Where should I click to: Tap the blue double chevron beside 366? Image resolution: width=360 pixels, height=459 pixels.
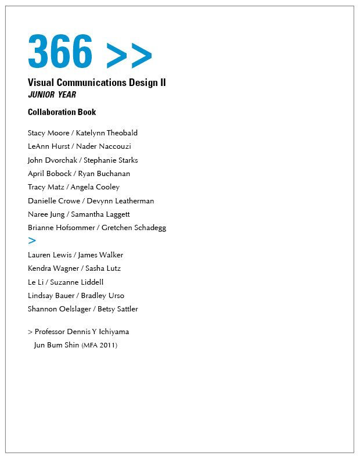tap(129, 55)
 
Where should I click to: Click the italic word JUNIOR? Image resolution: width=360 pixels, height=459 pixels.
tap(41, 95)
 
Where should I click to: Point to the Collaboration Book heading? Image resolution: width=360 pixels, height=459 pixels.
tap(62, 112)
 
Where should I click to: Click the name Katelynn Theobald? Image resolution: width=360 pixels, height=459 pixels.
tap(106, 133)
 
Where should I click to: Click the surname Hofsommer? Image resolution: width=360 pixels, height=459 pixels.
tap(74, 228)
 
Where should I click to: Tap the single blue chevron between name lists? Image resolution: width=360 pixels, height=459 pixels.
tap(32, 241)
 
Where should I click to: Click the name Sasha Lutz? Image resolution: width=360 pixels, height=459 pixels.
tap(103, 268)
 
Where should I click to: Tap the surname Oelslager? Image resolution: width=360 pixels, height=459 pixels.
tap(73, 309)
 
